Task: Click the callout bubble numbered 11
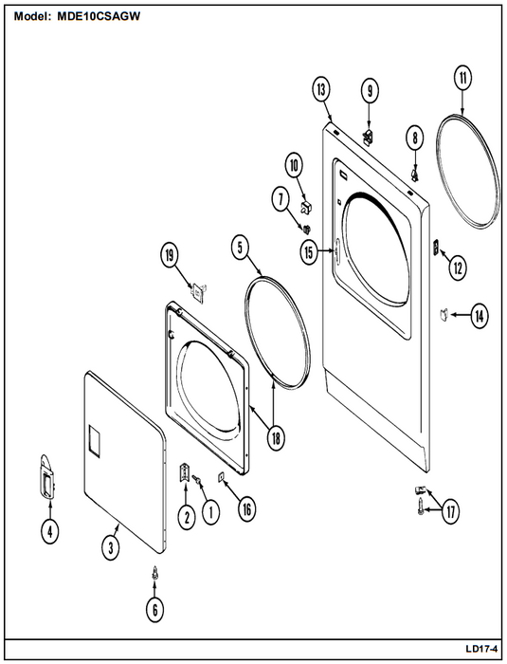click(x=462, y=78)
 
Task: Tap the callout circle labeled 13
click(x=321, y=90)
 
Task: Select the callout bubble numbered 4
click(x=50, y=531)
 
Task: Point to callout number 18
click(x=276, y=438)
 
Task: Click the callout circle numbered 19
click(x=170, y=255)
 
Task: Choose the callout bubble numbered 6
click(x=154, y=610)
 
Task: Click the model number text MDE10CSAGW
click(x=99, y=16)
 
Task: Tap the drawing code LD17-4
click(x=481, y=648)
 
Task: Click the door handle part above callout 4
click(x=46, y=478)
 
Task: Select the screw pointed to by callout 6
click(x=155, y=573)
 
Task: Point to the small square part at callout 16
click(x=221, y=477)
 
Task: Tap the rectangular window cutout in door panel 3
click(x=94, y=441)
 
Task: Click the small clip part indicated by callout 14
click(x=444, y=315)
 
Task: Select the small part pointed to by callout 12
click(x=436, y=247)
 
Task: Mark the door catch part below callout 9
click(x=369, y=138)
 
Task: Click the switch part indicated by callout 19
click(x=199, y=291)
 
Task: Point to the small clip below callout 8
click(x=415, y=174)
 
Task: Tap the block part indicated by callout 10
click(x=305, y=207)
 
